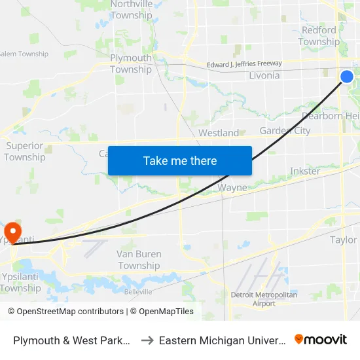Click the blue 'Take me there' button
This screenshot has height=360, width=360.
(180, 160)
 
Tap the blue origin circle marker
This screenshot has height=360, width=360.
(347, 77)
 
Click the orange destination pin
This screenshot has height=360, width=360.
(12, 232)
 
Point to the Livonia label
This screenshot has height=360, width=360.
(264, 75)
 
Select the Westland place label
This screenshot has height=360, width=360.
(219, 133)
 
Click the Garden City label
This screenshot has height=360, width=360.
(285, 130)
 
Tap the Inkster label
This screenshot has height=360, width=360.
(305, 171)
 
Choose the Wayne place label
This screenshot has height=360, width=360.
(232, 188)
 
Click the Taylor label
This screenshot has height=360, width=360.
(344, 240)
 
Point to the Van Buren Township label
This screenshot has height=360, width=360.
(139, 260)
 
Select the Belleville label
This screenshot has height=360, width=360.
(139, 291)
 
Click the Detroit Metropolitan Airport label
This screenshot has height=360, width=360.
(264, 299)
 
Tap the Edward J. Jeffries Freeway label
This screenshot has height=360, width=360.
(244, 64)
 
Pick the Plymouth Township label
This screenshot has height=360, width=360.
(131, 63)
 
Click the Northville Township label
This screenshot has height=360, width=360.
(132, 10)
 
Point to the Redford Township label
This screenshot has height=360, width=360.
(319, 36)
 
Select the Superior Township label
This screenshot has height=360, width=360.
(25, 151)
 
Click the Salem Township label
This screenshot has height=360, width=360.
(24, 54)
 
